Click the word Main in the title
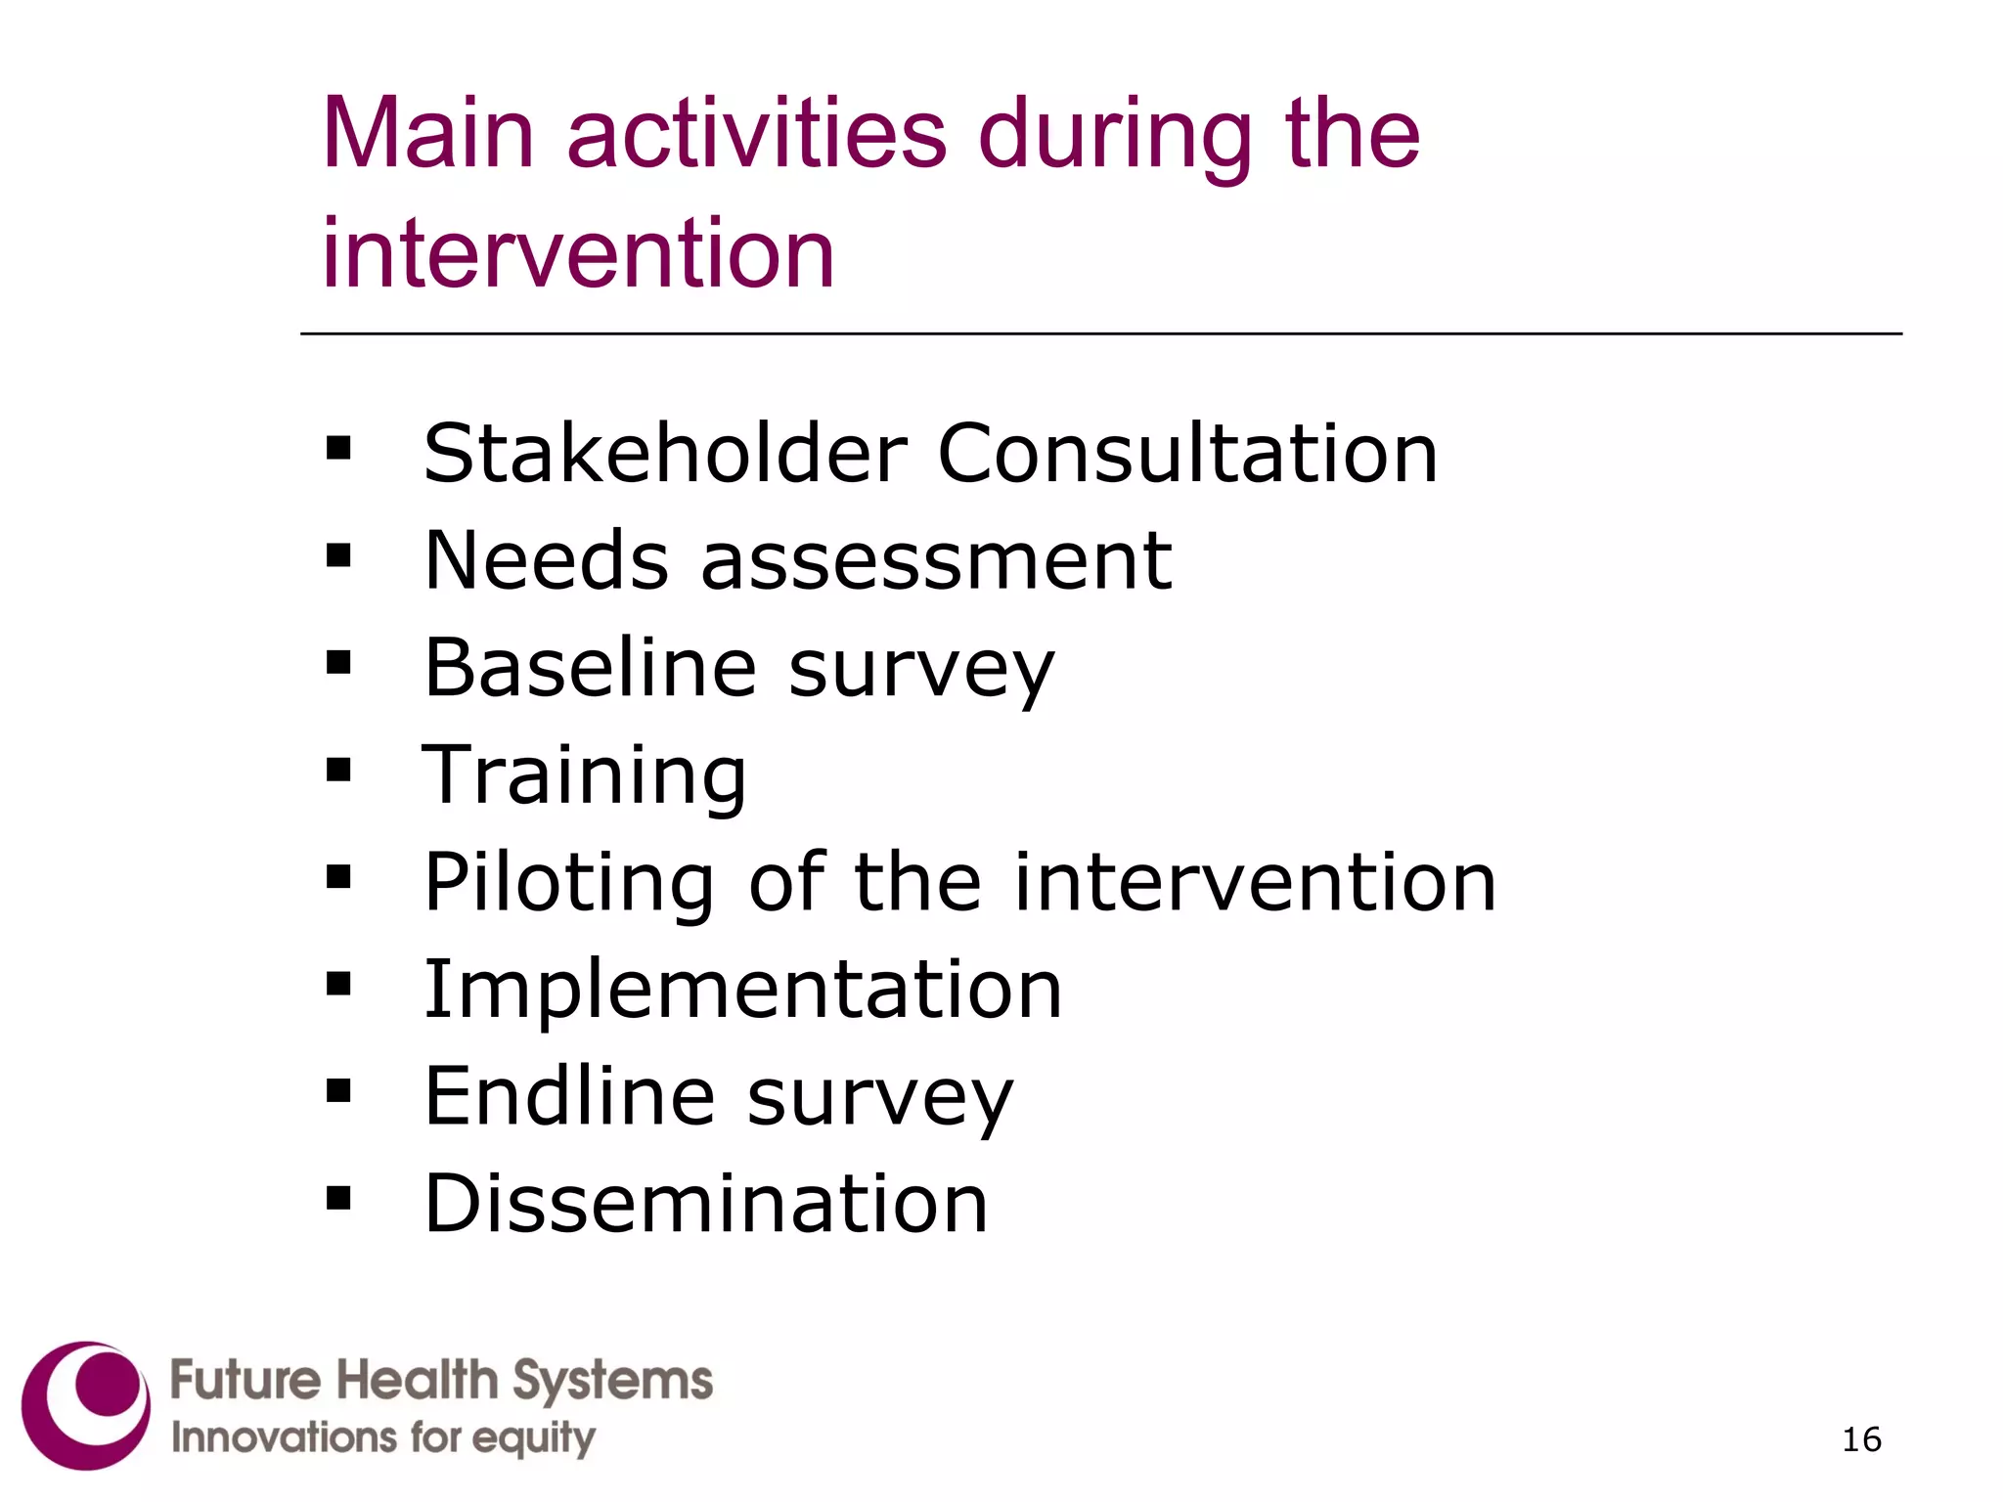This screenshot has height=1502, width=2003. (427, 134)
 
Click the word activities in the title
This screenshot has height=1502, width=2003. (756, 134)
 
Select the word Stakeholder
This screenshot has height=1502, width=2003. (665, 453)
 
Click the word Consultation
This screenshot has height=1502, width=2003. (1187, 453)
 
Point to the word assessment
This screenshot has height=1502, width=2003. (936, 561)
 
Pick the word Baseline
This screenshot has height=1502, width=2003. (590, 668)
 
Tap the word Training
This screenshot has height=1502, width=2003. (584, 776)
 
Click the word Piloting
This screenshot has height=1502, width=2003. (568, 883)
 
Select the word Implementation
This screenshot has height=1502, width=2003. (742, 990)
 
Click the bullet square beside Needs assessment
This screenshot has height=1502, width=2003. (338, 556)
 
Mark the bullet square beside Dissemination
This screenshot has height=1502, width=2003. (338, 1198)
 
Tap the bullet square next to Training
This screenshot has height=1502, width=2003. (338, 771)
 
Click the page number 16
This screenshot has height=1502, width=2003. (1860, 1439)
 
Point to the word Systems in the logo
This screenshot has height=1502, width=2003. (612, 1381)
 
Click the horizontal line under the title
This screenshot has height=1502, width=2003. (1100, 334)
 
